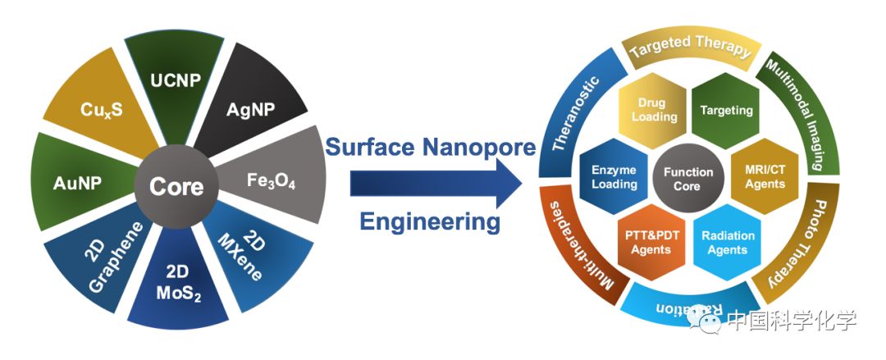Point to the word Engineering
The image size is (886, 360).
(431, 221)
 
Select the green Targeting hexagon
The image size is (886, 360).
(726, 110)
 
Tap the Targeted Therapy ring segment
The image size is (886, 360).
(689, 48)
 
